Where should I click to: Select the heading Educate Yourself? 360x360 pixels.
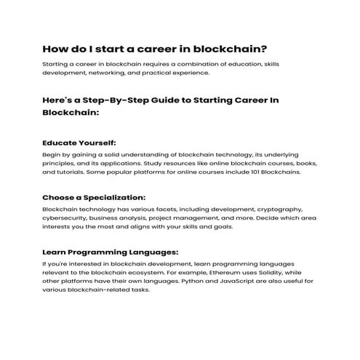(x=79, y=143)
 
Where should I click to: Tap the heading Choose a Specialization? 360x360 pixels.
(x=94, y=197)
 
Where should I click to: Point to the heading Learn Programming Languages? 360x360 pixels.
(x=110, y=252)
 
